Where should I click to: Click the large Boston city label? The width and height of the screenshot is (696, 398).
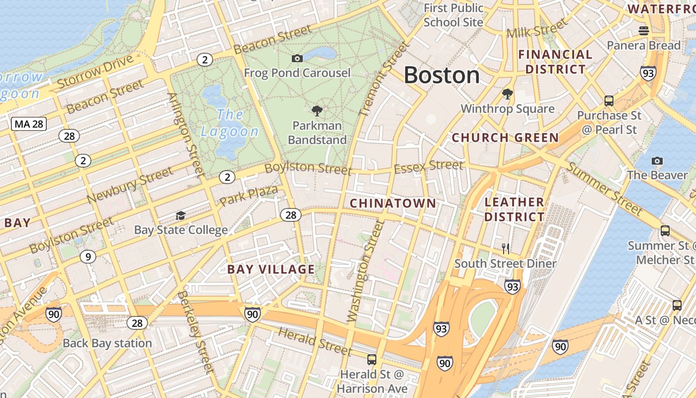point(441,76)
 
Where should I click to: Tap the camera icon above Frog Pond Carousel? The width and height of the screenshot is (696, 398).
point(297,59)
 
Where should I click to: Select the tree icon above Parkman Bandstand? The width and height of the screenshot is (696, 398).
point(317,111)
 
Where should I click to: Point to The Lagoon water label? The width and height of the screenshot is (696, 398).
point(229,123)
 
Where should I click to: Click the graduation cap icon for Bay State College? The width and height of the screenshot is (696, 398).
point(180,215)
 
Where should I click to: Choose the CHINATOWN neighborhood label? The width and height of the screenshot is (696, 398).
point(393,203)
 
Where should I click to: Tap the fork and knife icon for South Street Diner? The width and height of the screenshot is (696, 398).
point(506,249)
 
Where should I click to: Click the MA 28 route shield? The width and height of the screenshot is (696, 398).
point(29,124)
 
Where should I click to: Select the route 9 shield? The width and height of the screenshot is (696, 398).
point(87,257)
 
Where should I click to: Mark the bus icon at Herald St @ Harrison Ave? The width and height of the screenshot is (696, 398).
point(371,359)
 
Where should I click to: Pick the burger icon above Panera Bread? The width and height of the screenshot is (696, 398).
point(644,31)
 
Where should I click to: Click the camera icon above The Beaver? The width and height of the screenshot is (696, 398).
point(657,161)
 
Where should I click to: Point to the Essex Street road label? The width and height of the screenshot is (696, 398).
point(429,167)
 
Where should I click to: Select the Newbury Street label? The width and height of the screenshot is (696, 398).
point(130,185)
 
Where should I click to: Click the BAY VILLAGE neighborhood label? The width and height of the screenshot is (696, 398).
point(271,270)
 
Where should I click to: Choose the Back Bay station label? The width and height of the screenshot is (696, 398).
point(107,343)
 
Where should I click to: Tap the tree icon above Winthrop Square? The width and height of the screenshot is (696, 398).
point(508,94)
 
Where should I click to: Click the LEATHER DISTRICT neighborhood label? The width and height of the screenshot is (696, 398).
point(515,209)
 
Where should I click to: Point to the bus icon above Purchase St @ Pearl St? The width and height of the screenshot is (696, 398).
point(609,101)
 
